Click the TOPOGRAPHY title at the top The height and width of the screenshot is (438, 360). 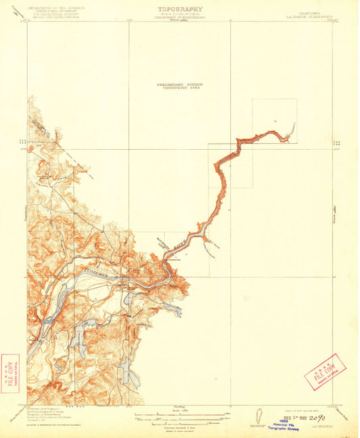(179, 9)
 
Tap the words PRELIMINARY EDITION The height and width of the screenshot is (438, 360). (179, 84)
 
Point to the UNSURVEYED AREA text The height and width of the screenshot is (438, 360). (179, 88)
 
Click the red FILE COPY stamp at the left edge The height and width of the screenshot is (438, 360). (11, 373)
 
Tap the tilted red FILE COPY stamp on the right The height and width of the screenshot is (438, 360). (325, 372)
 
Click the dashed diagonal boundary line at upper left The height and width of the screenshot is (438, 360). (64, 145)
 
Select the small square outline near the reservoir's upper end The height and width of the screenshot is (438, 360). (274, 121)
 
